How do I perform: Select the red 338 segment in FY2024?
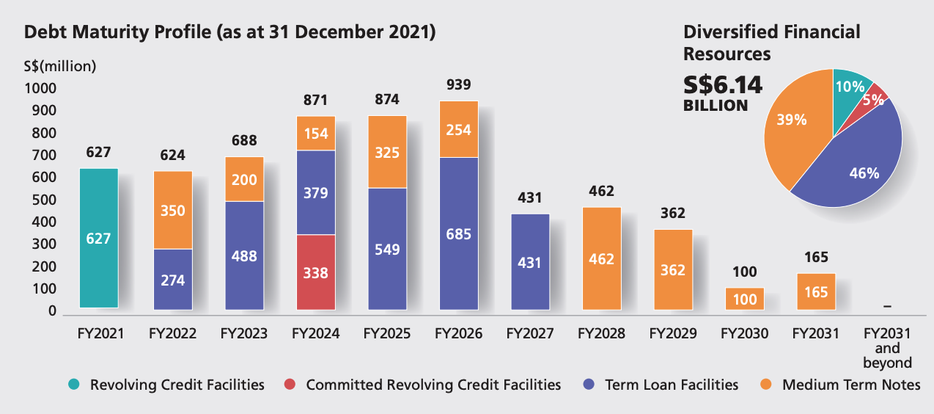[315, 272]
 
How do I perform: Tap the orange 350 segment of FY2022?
[173, 210]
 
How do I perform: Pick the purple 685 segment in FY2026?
[458, 233]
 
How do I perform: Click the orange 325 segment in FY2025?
[387, 152]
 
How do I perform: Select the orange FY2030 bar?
[745, 298]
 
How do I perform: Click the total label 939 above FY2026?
[458, 84]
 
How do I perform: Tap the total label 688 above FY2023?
[245, 140]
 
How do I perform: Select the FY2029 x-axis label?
[672, 334]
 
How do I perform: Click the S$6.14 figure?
[724, 85]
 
